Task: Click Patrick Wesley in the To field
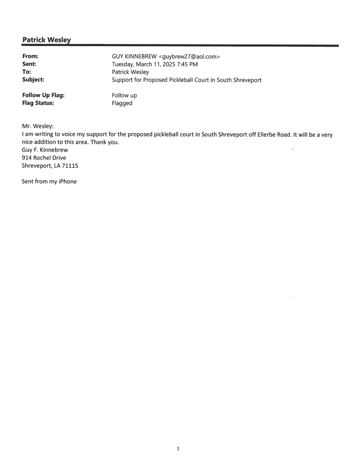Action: point(126,72)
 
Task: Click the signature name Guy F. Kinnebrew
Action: point(45,150)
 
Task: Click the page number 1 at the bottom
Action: point(178,448)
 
